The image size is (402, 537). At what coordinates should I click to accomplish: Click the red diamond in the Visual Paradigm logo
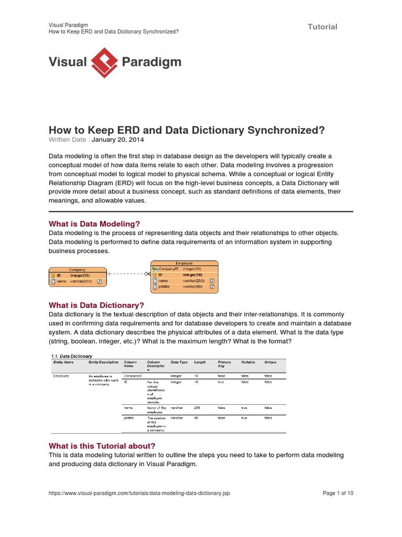pos(104,62)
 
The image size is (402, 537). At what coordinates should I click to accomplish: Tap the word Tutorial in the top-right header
pos(322,27)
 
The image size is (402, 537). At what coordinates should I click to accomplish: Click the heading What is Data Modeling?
pos(94,224)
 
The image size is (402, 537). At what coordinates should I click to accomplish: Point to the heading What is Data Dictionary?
pos(96,305)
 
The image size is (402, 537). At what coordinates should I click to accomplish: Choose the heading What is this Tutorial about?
pos(102,446)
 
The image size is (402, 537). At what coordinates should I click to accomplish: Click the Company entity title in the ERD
pos(77,270)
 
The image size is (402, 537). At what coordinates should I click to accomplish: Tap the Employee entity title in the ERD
pos(184,263)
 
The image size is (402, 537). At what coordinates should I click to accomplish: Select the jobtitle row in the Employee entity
pos(184,287)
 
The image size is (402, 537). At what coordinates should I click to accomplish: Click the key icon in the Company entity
pos(53,275)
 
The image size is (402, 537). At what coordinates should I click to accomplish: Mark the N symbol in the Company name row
pos(99,282)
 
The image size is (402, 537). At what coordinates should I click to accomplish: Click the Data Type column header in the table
pos(180,362)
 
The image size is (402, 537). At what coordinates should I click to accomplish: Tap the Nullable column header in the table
pos(248,362)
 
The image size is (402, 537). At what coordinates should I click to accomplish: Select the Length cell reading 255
pos(197,407)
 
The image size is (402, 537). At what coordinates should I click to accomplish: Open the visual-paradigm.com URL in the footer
pos(139,493)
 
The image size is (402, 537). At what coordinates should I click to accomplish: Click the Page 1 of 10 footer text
pos(338,493)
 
